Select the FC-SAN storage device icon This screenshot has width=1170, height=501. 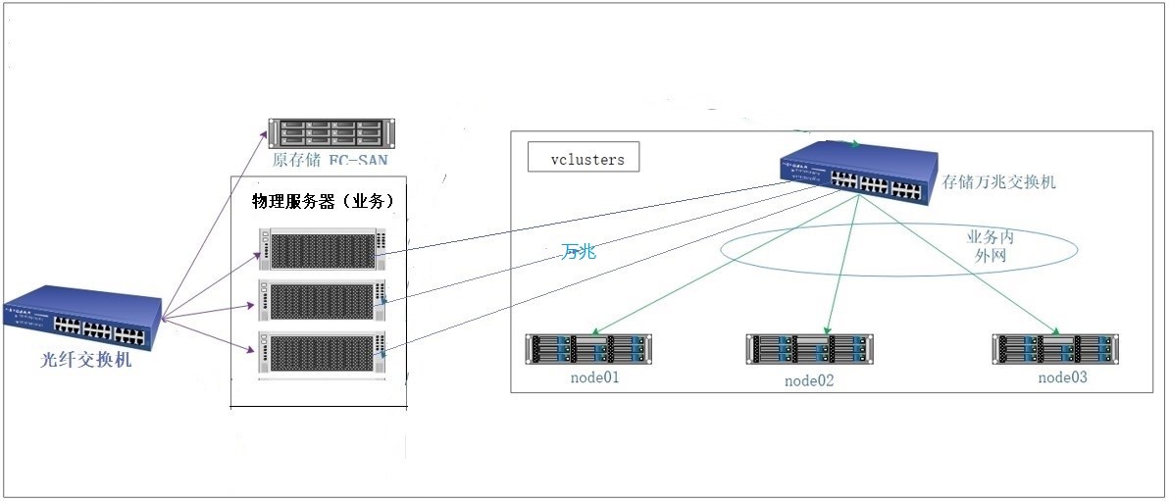[x=330, y=132]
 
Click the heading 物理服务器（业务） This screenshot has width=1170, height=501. [x=323, y=201]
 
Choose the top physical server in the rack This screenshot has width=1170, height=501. [x=325, y=248]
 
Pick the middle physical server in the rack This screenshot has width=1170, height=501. [x=325, y=300]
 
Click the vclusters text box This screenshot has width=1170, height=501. [x=584, y=158]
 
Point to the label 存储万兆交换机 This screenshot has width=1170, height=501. [x=999, y=182]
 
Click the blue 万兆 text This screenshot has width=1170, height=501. [x=579, y=252]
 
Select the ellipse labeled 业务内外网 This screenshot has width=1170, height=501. [x=898, y=248]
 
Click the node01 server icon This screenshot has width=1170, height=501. [x=589, y=349]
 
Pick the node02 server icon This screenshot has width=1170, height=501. [x=809, y=350]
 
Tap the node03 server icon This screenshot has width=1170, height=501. [x=1055, y=349]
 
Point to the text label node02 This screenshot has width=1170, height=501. [x=809, y=380]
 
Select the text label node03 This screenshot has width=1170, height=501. [x=1063, y=377]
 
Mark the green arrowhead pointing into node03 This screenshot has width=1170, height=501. [x=1057, y=331]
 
